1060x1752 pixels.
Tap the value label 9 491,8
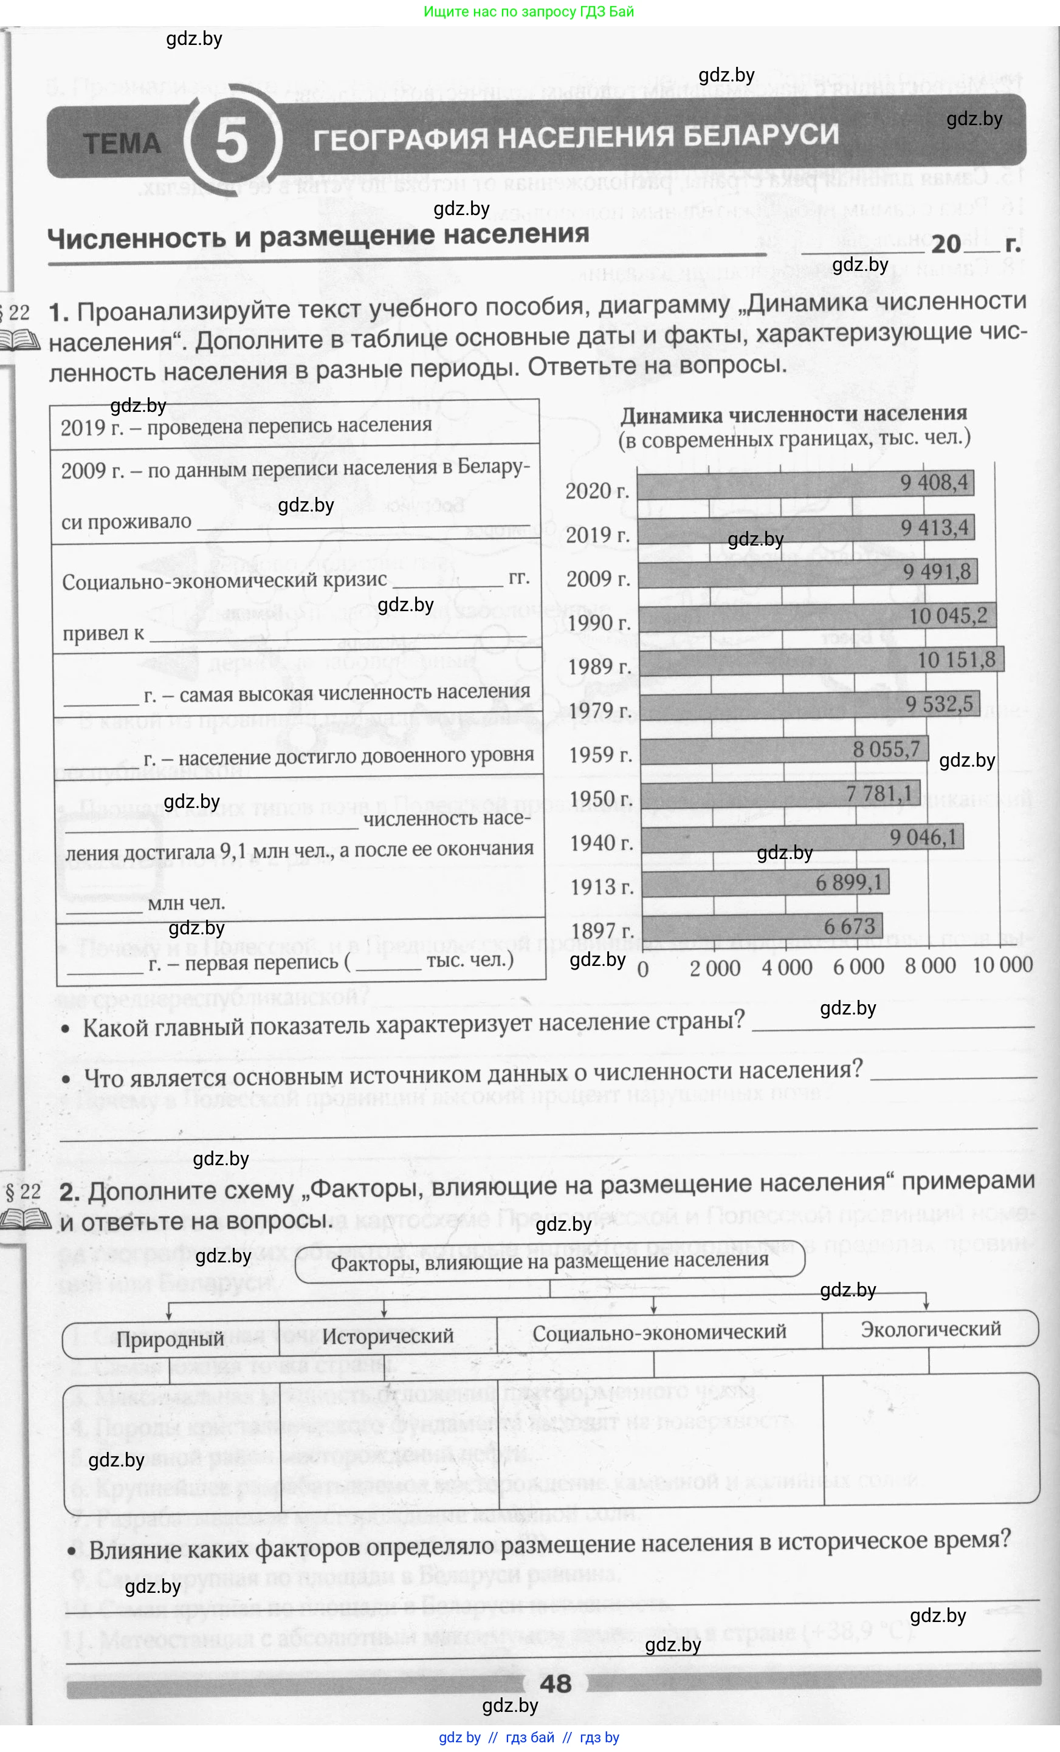(936, 572)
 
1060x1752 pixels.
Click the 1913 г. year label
(601, 887)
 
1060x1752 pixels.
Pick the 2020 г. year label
(597, 491)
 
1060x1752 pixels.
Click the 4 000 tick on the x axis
(787, 967)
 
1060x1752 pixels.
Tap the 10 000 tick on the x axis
(1002, 965)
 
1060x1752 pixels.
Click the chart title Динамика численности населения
(793, 414)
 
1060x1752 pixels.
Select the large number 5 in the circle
(232, 141)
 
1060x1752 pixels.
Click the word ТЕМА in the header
(123, 143)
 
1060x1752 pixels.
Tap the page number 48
(556, 1683)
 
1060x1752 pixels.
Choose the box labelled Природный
(171, 1339)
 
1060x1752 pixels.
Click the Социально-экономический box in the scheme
(659, 1332)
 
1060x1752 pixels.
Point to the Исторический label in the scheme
(388, 1336)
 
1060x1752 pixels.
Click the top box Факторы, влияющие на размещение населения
(549, 1261)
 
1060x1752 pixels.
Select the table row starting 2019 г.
(295, 426)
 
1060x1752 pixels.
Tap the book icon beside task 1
(16, 341)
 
